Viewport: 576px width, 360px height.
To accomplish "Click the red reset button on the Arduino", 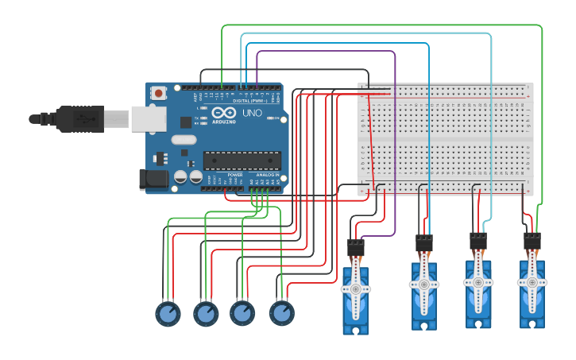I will click(x=158, y=93).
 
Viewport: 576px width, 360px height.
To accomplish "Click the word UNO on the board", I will click(x=252, y=114).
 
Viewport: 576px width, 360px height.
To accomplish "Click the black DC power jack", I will click(x=153, y=180).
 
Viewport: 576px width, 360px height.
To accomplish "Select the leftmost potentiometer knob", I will click(x=168, y=314).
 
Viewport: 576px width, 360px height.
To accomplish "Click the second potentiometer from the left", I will click(x=206, y=314).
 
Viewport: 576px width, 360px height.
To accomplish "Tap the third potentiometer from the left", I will click(x=242, y=313).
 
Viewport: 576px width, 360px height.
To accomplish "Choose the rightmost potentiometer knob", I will click(x=281, y=313).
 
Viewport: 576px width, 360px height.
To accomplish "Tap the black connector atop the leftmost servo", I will click(x=356, y=248).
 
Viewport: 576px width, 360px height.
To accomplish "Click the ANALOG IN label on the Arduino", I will click(x=266, y=175).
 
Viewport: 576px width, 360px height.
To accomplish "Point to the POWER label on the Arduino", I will click(x=235, y=175).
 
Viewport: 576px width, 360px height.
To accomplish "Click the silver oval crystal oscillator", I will click(x=184, y=141).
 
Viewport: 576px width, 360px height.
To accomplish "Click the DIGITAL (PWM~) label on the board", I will click(x=249, y=101).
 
